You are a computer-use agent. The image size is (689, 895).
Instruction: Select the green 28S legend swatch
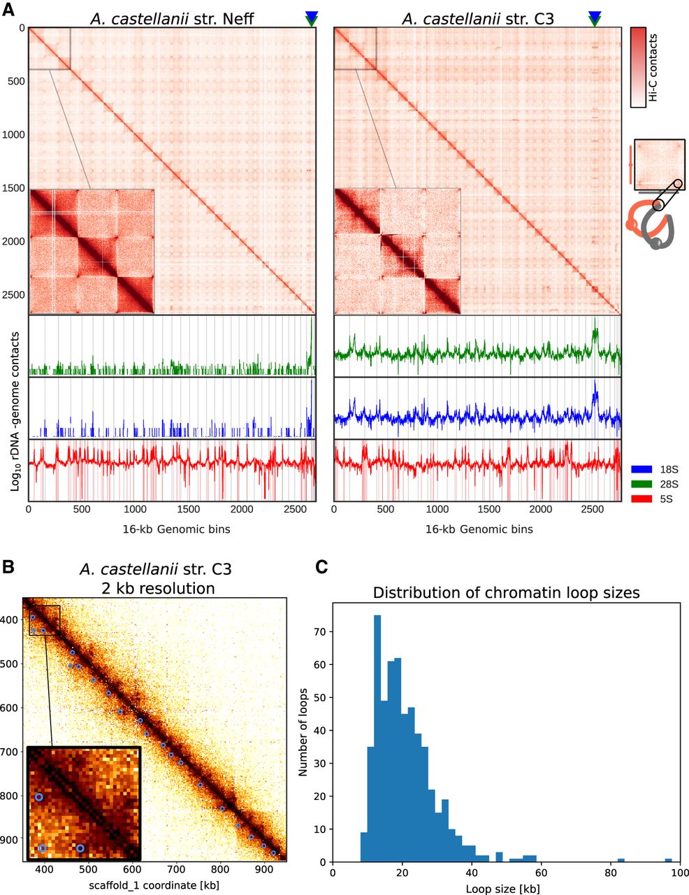[x=641, y=484]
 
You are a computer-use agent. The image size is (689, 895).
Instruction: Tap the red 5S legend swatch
[x=641, y=499]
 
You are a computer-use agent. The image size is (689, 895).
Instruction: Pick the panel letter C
[x=322, y=568]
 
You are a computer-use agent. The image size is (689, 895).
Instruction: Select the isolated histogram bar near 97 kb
[x=668, y=859]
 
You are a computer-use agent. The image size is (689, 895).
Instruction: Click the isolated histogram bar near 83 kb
[x=621, y=859]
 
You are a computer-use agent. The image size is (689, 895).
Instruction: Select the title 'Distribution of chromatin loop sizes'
[x=506, y=593]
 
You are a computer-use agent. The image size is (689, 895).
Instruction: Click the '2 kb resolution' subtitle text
[x=155, y=588]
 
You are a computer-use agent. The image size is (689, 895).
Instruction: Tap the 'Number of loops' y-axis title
[x=304, y=731]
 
